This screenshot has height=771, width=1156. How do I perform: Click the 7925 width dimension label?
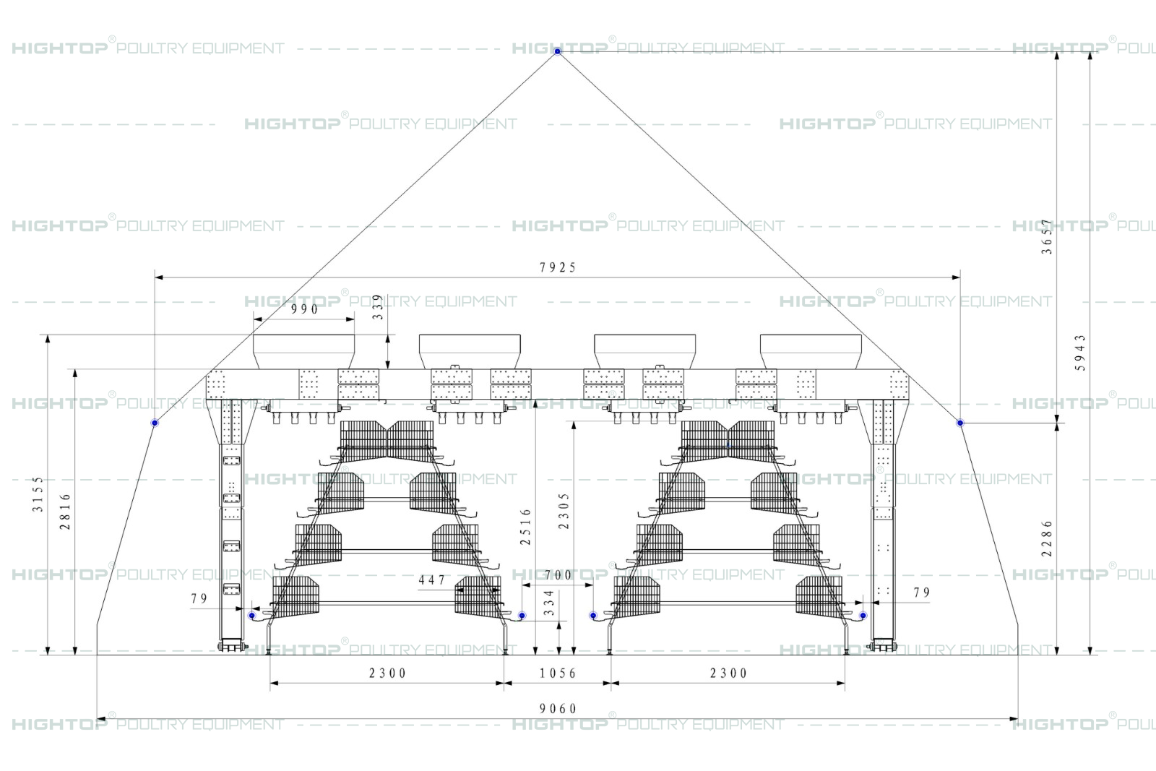click(557, 267)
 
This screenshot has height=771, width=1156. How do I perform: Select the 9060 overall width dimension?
click(558, 709)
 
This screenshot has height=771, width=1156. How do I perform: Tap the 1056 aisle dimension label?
click(558, 673)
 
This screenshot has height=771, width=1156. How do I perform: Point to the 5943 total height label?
click(1080, 353)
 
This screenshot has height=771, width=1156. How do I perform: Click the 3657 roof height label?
click(1047, 236)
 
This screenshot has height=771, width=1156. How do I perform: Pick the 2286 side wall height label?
click(1047, 538)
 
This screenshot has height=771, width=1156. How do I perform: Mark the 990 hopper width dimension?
click(304, 309)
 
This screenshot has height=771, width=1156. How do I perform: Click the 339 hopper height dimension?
click(379, 307)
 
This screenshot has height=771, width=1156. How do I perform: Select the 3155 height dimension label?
click(38, 494)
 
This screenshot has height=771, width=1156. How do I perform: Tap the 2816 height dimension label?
click(65, 512)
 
